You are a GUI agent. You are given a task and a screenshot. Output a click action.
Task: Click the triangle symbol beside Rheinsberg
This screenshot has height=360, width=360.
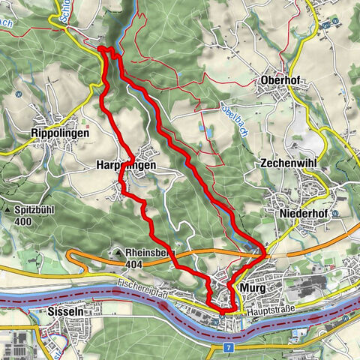point(118,253)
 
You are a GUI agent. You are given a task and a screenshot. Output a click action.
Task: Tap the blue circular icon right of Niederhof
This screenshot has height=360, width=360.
point(337,212)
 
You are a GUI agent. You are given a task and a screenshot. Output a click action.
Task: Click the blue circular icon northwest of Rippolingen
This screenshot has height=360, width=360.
point(15,95)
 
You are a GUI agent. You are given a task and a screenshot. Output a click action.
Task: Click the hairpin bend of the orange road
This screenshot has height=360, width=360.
point(70,259)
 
